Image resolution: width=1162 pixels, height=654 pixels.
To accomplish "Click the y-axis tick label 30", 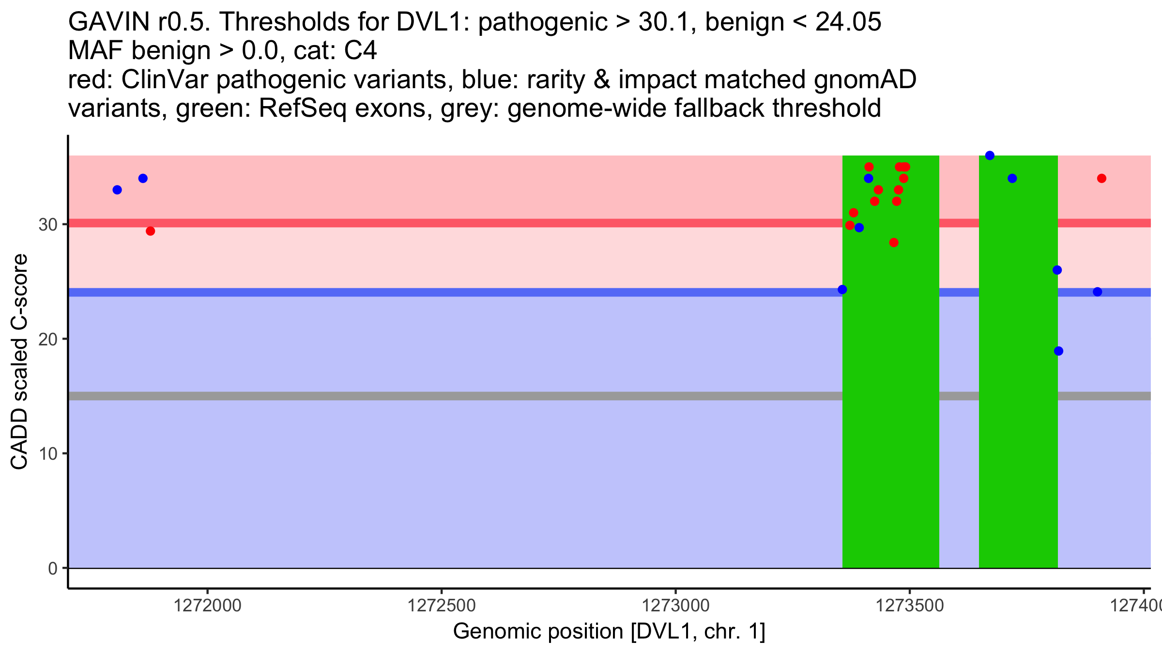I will click(47, 224).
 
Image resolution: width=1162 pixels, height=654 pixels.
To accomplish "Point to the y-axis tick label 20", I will click(47, 339).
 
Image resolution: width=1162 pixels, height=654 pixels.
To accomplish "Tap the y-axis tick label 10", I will click(47, 453).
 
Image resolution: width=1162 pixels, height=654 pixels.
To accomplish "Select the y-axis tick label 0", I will click(53, 568).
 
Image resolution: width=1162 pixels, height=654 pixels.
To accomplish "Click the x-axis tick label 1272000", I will click(207, 606).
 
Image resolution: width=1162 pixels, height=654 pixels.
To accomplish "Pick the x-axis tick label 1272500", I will click(442, 606).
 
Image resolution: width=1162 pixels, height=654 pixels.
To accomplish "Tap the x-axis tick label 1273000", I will click(675, 606).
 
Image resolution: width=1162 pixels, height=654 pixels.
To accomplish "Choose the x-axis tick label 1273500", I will click(910, 606).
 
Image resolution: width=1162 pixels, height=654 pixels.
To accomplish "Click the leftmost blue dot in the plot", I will click(117, 190).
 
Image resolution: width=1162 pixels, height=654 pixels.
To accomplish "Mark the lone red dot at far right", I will click(1101, 179).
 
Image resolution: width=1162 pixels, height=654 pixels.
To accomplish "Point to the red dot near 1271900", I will click(151, 231).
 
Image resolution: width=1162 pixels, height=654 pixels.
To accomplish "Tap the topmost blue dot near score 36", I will click(990, 156).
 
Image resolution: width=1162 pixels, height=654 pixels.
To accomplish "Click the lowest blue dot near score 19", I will click(1058, 351).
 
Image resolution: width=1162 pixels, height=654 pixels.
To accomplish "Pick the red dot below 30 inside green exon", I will click(894, 243).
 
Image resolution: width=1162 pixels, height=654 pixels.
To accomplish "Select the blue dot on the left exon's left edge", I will click(842, 290).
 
